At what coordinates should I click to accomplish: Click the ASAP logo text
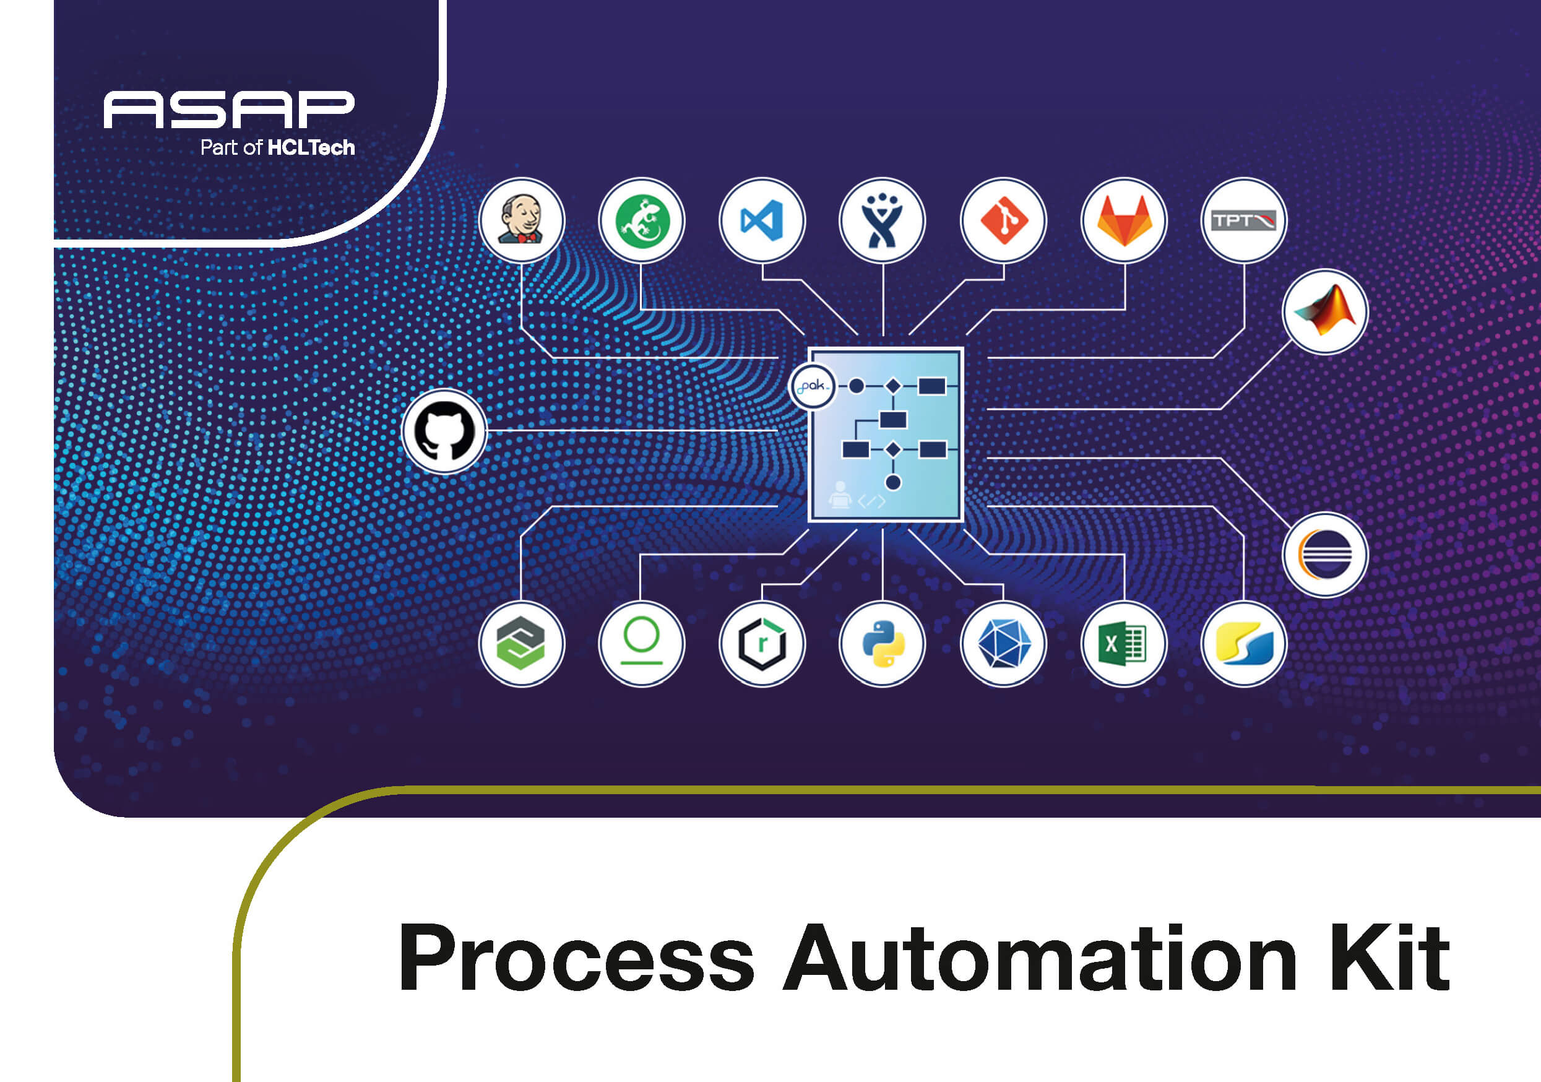coord(229,110)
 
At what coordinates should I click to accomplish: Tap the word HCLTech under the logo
coord(311,148)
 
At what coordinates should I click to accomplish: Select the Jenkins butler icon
coord(522,220)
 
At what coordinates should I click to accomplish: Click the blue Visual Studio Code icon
coord(762,220)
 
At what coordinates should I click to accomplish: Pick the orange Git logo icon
coord(1003,220)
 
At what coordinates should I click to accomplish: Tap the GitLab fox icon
coord(1124,220)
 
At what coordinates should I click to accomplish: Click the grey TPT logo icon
coord(1244,220)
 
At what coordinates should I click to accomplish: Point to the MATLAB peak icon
coord(1326,311)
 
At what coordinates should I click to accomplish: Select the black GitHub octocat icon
coord(444,431)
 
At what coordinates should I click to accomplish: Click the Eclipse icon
coord(1326,555)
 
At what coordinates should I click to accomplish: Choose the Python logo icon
coord(883,644)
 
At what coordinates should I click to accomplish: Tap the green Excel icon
coord(1124,644)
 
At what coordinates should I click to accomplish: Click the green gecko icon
coord(642,220)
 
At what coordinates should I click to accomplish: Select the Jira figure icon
coord(883,220)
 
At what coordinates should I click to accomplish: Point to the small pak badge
coord(813,386)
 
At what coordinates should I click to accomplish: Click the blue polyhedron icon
coord(1003,644)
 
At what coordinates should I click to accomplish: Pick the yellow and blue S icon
coord(1244,644)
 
